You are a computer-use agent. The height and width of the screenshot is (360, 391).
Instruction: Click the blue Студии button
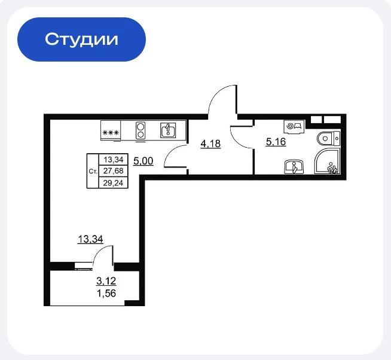[81, 39]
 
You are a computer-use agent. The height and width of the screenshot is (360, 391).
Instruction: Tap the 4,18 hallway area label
[210, 144]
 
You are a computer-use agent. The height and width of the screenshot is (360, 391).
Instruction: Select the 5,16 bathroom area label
[276, 142]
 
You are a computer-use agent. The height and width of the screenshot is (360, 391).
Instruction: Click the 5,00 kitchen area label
[143, 161]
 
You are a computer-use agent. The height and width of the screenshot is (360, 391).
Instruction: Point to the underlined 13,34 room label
[90, 239]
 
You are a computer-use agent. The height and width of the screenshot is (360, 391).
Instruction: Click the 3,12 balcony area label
[106, 281]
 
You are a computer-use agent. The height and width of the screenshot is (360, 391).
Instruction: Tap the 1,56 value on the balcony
[106, 294]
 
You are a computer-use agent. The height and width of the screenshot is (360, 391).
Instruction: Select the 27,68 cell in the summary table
[113, 171]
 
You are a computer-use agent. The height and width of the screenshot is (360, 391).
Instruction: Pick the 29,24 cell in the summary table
[113, 183]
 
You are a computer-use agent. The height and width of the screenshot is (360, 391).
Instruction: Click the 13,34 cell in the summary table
[114, 160]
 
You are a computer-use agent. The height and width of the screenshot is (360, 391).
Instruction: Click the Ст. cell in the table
[93, 171]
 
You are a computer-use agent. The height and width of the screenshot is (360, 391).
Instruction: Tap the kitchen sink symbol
[168, 130]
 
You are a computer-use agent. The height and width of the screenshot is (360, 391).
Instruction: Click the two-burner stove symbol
[140, 130]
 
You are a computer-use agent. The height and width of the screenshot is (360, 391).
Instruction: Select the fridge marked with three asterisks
[111, 130]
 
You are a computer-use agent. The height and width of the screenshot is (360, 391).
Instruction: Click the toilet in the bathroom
[329, 139]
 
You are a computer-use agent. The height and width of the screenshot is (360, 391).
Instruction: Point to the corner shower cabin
[327, 161]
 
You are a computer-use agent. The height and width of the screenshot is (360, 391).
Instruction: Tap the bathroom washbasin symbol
[294, 166]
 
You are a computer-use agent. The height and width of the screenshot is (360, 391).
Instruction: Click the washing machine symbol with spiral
[294, 127]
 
